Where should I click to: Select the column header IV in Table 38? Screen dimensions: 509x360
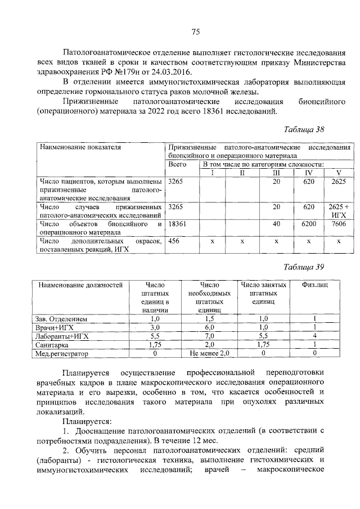tap(308, 172)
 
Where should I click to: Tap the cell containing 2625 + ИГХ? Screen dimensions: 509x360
tap(339, 211)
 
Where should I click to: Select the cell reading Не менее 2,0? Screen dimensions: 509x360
tap(210, 353)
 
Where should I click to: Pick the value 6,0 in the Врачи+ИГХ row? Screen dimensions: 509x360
tap(210, 327)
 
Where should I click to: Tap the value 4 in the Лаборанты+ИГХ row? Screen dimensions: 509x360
tap(315, 336)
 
